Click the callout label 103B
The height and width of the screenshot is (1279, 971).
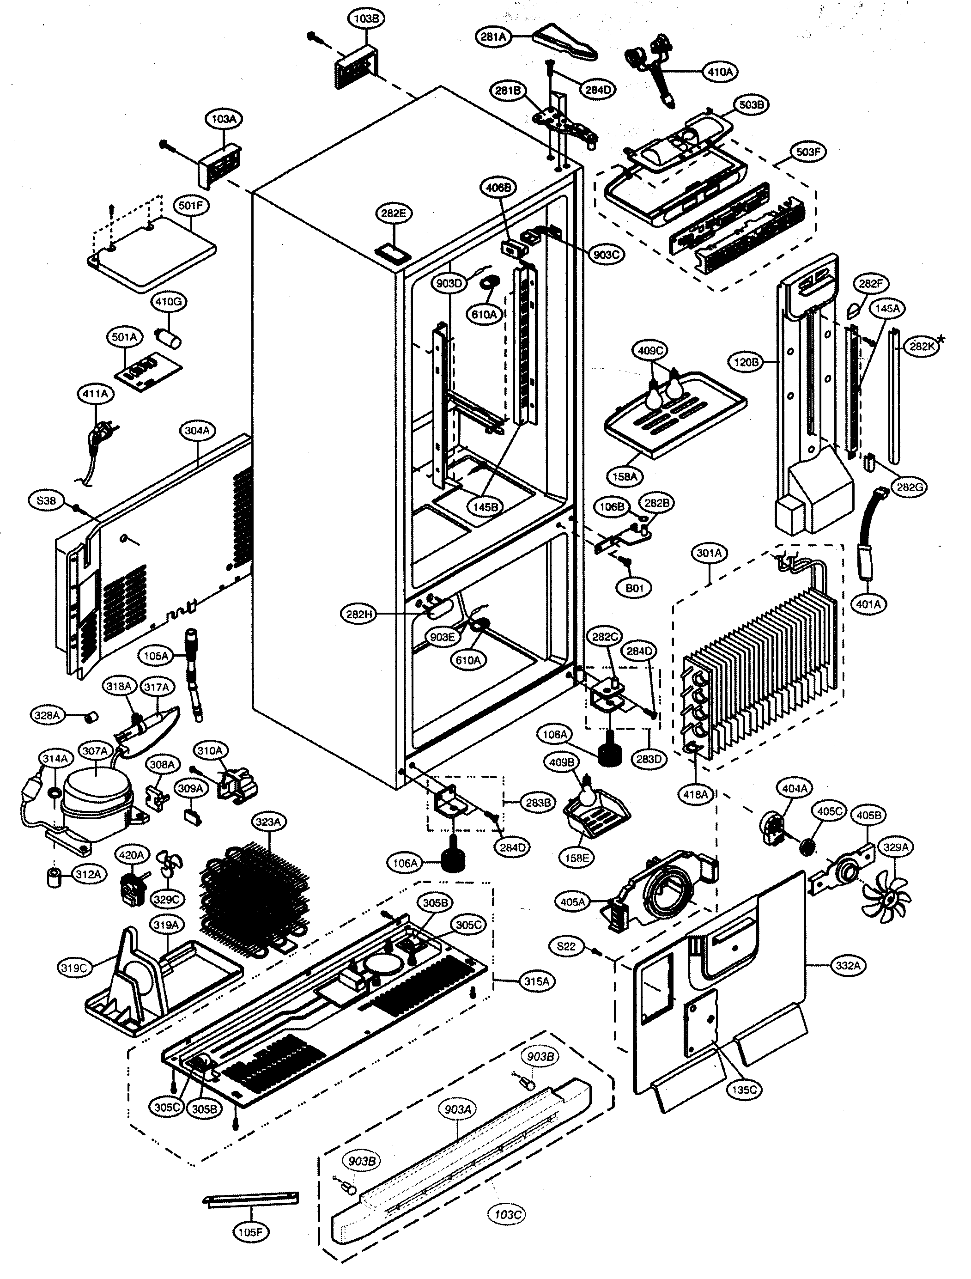pos(366,18)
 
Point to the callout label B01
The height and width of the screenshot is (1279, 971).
pos(635,589)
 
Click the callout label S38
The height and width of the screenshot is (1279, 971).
pos(46,501)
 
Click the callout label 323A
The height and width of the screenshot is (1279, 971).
pos(268,822)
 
